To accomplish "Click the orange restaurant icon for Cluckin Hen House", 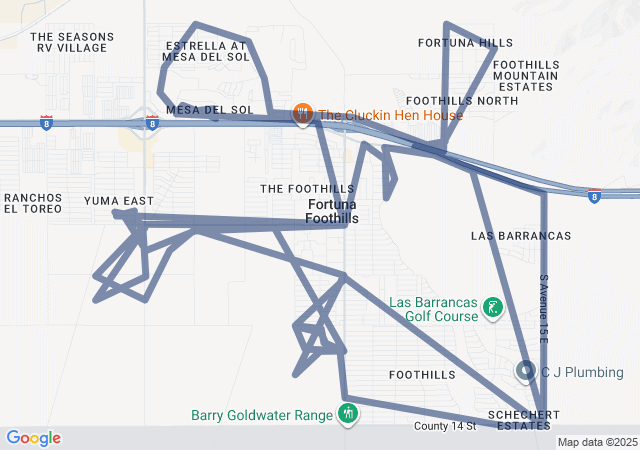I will (x=303, y=116).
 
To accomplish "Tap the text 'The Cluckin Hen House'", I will (x=391, y=115).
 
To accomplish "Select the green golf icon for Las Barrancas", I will (x=492, y=309).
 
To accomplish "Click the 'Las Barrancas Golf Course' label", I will (x=433, y=309).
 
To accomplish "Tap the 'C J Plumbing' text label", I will (x=582, y=373).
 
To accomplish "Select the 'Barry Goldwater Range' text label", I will (x=263, y=415).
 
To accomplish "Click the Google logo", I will (x=33, y=438).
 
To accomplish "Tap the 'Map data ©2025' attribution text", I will (x=596, y=442).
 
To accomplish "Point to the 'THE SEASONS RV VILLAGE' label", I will (x=72, y=42).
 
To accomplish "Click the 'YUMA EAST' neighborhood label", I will (x=118, y=201).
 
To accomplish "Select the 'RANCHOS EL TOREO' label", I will (x=33, y=203).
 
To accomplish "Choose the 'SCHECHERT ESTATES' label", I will (x=518, y=420).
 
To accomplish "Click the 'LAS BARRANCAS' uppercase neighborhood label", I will (x=520, y=236).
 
